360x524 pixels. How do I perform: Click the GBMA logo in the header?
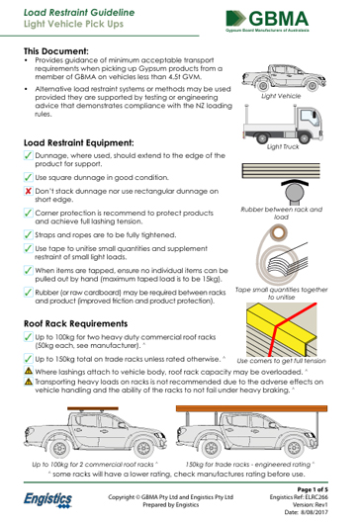click(267, 21)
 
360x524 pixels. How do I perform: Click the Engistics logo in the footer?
click(47, 500)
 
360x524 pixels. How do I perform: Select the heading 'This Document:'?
click(56, 51)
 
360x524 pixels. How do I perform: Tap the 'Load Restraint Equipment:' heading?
click(78, 143)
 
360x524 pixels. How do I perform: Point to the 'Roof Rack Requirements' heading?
click(75, 323)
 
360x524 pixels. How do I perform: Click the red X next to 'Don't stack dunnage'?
click(28, 191)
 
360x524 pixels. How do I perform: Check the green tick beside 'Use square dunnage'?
click(28, 177)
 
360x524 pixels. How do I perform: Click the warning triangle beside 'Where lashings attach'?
click(29, 371)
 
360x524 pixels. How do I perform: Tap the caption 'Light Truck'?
click(283, 146)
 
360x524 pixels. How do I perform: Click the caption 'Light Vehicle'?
click(281, 96)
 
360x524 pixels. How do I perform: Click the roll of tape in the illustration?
click(279, 232)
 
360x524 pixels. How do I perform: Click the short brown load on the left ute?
click(93, 408)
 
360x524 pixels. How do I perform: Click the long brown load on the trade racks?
click(251, 408)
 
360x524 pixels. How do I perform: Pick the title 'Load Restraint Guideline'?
click(79, 13)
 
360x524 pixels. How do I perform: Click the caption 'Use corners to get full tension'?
click(281, 361)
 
